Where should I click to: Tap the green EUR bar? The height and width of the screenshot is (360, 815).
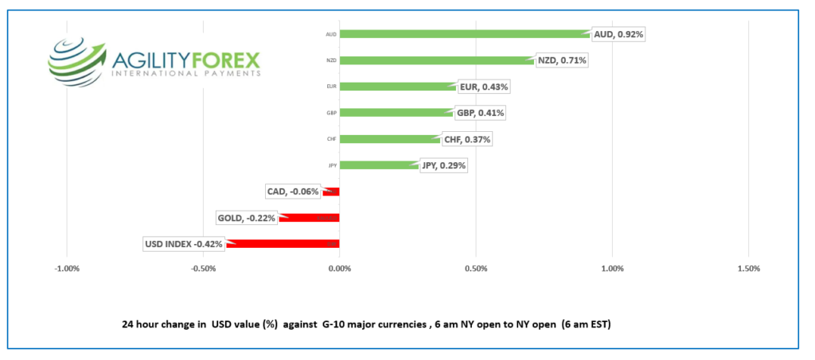tap(398, 87)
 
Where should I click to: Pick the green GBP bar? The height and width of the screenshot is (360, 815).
tap(396, 113)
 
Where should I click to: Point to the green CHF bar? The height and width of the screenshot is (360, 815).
tap(390, 139)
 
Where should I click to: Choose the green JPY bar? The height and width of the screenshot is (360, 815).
tap(379, 165)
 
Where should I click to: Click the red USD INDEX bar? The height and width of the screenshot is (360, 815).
tap(283, 244)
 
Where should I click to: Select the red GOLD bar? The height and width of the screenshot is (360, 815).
tap(310, 218)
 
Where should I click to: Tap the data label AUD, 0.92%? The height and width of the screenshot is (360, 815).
tap(618, 34)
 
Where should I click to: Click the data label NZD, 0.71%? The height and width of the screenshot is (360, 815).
tap(562, 60)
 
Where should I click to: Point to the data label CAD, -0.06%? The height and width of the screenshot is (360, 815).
tap(292, 192)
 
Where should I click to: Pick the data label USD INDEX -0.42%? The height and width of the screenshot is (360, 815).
tap(183, 244)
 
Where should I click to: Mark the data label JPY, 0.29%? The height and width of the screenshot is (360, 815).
tap(443, 165)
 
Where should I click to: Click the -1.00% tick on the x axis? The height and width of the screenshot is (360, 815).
tap(67, 268)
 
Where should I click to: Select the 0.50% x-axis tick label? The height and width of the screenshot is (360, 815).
tap(475, 268)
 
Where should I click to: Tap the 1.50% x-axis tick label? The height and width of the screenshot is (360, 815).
tap(748, 268)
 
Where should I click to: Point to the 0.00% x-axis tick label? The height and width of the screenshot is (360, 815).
tap(339, 268)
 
